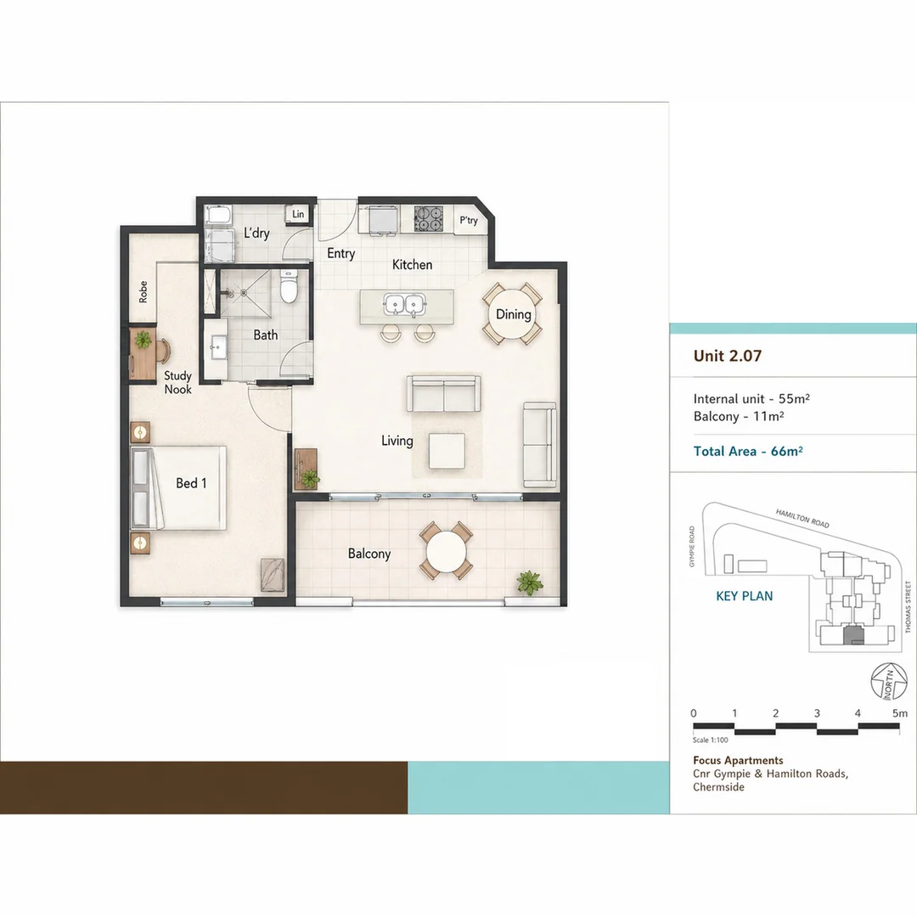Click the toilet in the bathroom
point(289,286)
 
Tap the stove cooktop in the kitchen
point(429,219)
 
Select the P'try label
point(469,220)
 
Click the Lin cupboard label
point(298,214)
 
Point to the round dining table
point(513,314)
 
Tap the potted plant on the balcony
point(529,583)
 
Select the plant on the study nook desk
point(143,340)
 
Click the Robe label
point(143,292)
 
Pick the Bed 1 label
point(191,483)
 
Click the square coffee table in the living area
point(447,451)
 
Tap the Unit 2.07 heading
point(728,356)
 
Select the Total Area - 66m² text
point(748,451)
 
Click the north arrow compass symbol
point(889,681)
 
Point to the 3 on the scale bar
point(817,713)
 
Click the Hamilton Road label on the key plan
point(802,518)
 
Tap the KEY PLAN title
point(745,596)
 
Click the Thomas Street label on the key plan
point(909,606)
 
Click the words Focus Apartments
point(738,760)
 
